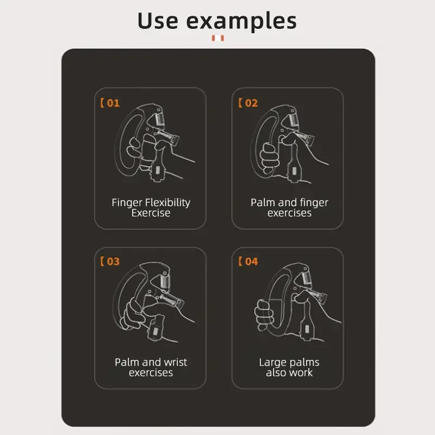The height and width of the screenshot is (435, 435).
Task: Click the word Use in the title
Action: click(158, 21)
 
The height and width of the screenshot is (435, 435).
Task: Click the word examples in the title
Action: click(241, 22)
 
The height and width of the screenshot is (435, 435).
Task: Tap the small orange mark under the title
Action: click(218, 39)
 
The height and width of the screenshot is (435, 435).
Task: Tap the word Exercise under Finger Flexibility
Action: click(151, 213)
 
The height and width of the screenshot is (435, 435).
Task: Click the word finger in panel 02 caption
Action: click(313, 203)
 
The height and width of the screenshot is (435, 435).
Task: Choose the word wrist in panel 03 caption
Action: click(175, 362)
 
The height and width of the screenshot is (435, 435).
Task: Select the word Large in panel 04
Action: click(274, 362)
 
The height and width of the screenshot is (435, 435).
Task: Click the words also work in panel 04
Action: click(289, 373)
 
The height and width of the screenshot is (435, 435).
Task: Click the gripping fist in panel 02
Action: click(270, 156)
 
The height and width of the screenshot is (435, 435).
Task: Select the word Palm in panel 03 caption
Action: click(126, 362)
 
